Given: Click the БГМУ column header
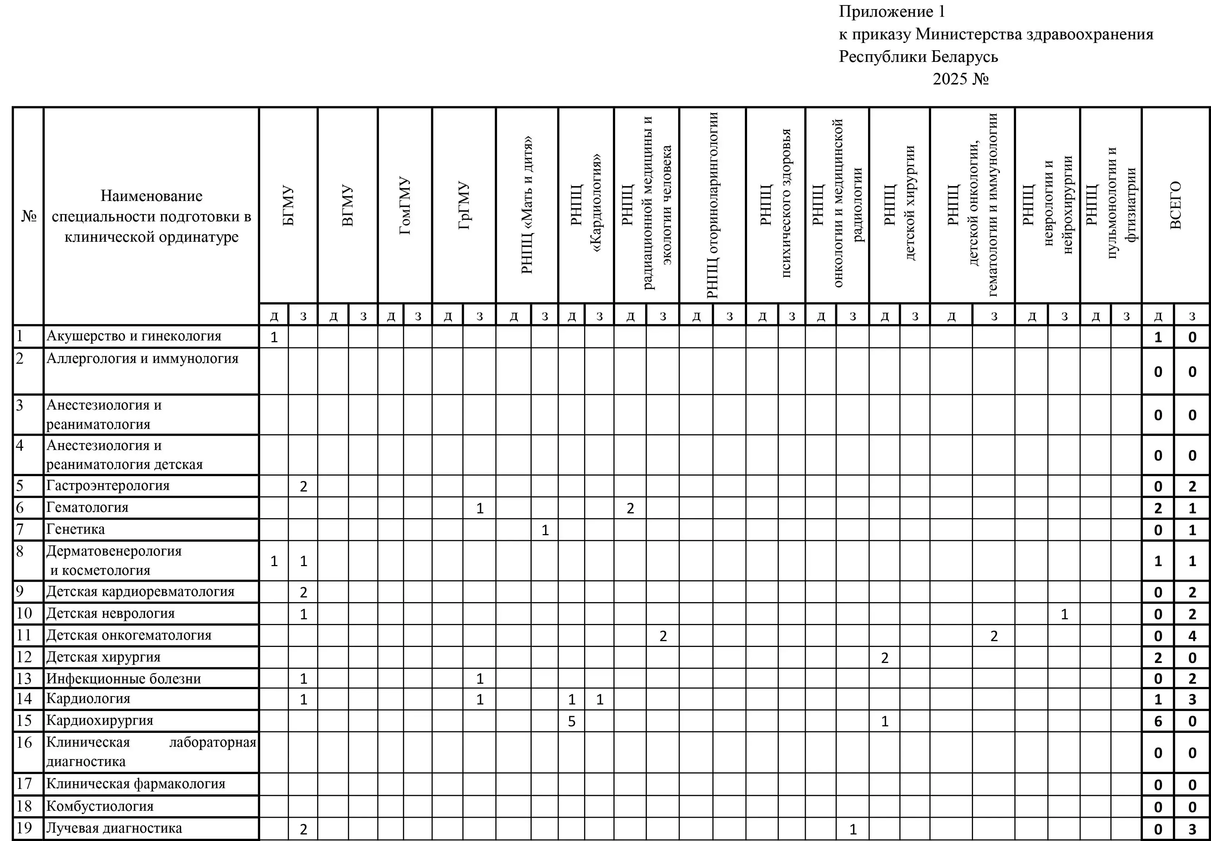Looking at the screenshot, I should coord(288,205).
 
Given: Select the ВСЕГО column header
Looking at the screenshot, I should coord(1175,205).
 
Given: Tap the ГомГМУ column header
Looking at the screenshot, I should coord(405,205).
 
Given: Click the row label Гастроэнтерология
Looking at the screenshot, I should coord(108,485).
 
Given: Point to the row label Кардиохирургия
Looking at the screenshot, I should coord(100,720).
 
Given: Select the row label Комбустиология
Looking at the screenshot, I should coord(100,806).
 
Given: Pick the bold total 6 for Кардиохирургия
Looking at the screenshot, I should coord(1158,721).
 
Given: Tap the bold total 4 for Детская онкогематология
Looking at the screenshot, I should coord(1192,636).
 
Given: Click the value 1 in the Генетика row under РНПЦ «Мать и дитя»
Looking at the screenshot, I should coord(545,530).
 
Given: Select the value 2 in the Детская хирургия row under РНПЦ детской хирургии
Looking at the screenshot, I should coord(884,658).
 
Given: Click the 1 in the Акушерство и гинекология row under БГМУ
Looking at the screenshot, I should coord(274,337).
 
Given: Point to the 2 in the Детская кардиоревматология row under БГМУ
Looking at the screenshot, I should coord(303,592).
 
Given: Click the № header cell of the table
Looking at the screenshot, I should coord(28,216).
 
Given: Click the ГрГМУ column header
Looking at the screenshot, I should coord(464,205).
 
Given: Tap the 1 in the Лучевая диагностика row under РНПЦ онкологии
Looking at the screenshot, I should coord(853,829).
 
